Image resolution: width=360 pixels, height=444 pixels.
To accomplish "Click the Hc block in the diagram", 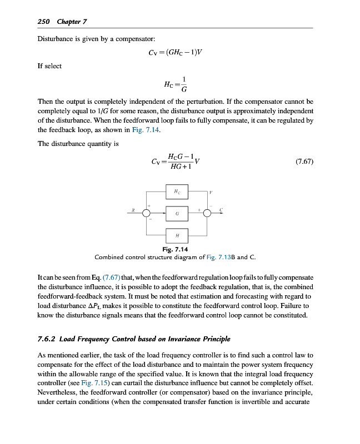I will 177,192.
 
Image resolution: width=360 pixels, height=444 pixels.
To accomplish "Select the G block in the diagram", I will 177,213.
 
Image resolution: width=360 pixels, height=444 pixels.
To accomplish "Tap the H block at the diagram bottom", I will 177,235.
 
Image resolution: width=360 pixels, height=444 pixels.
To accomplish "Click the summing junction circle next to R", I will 147,214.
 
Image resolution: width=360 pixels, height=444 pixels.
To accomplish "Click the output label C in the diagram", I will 221,210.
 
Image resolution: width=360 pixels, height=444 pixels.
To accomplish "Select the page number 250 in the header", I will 44,22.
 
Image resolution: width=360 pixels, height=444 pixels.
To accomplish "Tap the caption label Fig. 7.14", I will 175,250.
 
